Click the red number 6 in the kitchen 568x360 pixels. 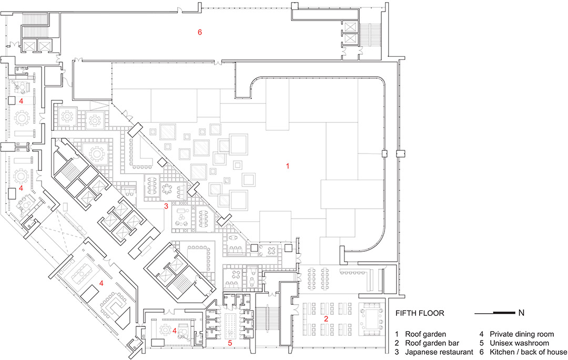tap(200, 32)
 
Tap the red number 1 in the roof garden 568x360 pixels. tap(288, 166)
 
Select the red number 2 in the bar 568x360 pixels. tap(326, 319)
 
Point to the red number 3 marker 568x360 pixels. tap(166, 206)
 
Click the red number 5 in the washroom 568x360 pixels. tap(230, 343)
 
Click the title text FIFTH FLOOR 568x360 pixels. tap(420, 313)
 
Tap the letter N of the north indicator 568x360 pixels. tap(521, 313)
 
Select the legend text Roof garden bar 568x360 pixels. tap(432, 343)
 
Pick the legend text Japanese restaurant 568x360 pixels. tap(439, 352)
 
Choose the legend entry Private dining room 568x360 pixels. tap(522, 334)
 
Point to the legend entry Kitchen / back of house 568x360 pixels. tap(528, 352)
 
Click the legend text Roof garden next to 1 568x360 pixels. tap(425, 334)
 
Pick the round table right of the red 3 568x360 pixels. tap(167, 189)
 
